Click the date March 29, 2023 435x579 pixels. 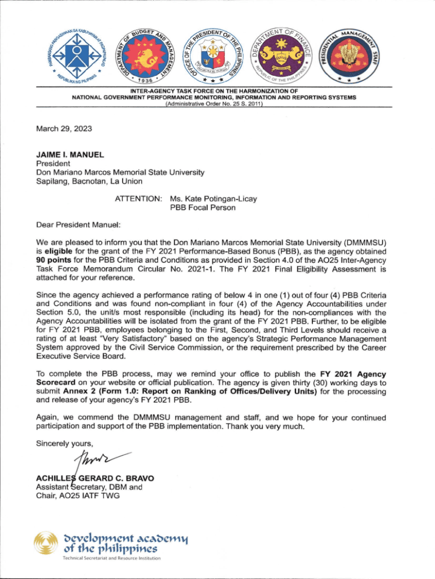click(x=63, y=129)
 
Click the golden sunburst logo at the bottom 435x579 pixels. click(x=46, y=544)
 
